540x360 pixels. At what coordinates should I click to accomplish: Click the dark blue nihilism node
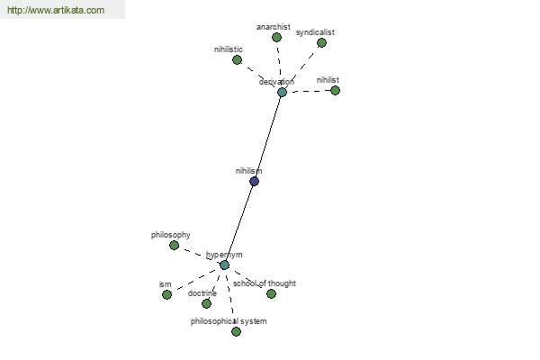click(x=254, y=181)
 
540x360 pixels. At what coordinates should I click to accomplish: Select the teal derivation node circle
click(x=282, y=93)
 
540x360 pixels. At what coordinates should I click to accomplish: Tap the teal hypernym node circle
click(x=224, y=265)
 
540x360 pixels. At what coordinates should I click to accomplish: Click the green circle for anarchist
click(x=276, y=38)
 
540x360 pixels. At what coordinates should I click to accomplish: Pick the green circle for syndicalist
click(x=321, y=42)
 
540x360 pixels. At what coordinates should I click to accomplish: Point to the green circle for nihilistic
click(x=237, y=60)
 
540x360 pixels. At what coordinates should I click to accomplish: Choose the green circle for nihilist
click(x=335, y=91)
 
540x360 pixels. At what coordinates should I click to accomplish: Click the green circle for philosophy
click(x=175, y=246)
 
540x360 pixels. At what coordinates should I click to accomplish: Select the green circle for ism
click(x=166, y=295)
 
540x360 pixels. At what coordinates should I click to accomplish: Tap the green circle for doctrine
click(x=206, y=303)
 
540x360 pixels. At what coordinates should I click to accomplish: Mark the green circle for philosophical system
click(x=236, y=332)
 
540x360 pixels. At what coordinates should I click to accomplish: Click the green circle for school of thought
click(x=272, y=294)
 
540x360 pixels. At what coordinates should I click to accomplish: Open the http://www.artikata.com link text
click(x=56, y=10)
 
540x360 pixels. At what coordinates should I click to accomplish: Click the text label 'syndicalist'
click(x=315, y=32)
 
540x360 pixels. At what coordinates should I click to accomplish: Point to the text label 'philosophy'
click(x=170, y=235)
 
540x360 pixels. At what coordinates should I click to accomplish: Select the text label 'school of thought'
click(x=265, y=283)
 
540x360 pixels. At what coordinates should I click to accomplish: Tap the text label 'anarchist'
click(x=274, y=26)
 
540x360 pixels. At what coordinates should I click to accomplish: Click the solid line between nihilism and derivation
click(x=268, y=137)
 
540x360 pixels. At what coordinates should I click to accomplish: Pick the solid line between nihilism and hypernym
click(x=239, y=223)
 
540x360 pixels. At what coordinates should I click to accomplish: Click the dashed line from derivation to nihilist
click(x=309, y=91)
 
